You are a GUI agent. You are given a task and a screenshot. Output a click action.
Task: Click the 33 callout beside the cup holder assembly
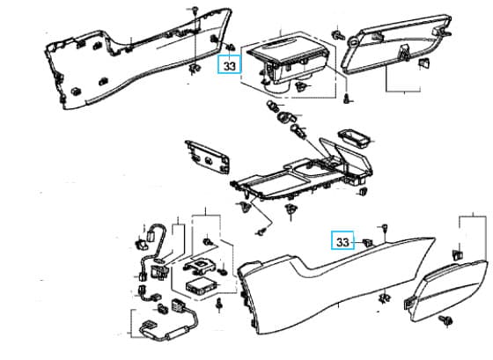(x=230, y=64)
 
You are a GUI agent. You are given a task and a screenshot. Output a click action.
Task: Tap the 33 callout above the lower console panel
(x=342, y=240)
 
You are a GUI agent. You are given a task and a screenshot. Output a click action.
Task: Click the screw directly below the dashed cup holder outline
(x=347, y=99)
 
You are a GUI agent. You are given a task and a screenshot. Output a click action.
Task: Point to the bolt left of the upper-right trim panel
(x=338, y=34)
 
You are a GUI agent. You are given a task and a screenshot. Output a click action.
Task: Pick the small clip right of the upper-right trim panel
(x=423, y=62)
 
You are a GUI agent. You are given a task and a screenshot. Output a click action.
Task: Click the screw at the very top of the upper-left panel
(x=195, y=10)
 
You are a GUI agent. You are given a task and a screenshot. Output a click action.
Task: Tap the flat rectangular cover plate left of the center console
(x=208, y=157)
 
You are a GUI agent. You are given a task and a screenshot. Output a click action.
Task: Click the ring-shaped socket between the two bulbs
(x=286, y=117)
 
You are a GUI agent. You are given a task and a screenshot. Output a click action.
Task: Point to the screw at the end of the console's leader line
(x=261, y=231)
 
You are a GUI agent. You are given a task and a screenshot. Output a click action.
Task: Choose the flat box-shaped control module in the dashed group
(x=201, y=287)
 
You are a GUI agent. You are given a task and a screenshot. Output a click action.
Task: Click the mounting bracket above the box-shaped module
(x=200, y=265)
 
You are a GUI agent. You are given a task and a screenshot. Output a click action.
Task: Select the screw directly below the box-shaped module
(x=219, y=305)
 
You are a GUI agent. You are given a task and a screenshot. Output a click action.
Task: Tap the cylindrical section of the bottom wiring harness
(x=178, y=332)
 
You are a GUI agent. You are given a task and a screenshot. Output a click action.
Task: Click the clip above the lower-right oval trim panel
(x=458, y=254)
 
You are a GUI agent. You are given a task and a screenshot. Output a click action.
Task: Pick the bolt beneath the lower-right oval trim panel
(x=447, y=320)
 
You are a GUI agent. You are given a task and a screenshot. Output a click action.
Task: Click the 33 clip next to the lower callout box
(x=367, y=242)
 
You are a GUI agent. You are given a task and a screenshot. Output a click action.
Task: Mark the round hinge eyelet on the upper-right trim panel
(x=352, y=40)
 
